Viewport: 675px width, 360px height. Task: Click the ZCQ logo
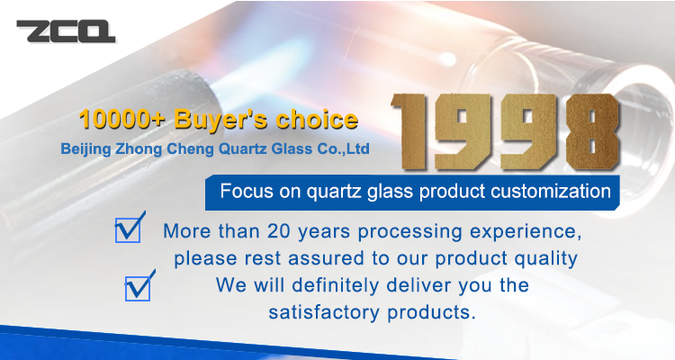click(x=66, y=31)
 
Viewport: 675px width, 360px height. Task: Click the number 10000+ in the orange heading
click(x=121, y=120)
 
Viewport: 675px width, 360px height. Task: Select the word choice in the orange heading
click(x=317, y=120)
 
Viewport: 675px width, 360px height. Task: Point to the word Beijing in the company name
click(x=85, y=149)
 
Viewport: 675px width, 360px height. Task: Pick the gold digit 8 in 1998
click(x=593, y=131)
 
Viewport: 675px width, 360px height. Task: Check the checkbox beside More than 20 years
click(x=129, y=228)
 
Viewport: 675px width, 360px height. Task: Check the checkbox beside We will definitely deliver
click(x=139, y=286)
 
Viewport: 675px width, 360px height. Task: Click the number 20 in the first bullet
click(x=279, y=231)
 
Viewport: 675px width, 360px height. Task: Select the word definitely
click(x=337, y=286)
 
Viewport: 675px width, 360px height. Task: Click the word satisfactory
click(x=324, y=312)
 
